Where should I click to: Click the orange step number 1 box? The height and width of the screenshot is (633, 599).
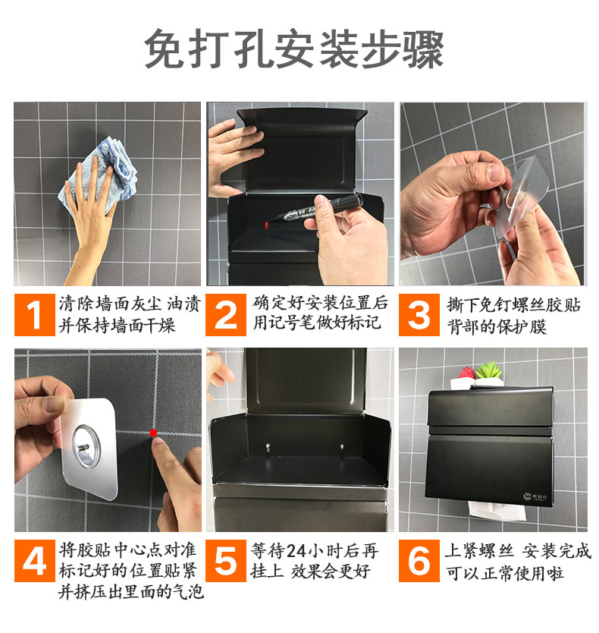(x=35, y=315)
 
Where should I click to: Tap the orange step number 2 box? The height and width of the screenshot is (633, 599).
(x=226, y=315)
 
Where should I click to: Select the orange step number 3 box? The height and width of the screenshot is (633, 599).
(x=419, y=315)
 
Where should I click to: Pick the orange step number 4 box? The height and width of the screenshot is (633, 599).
(x=35, y=561)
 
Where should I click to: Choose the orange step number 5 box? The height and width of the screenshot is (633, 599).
(x=226, y=561)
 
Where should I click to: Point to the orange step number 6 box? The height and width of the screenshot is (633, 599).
(x=419, y=561)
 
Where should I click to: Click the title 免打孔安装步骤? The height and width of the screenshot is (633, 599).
(x=294, y=49)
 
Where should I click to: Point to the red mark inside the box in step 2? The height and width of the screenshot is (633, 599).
(x=266, y=225)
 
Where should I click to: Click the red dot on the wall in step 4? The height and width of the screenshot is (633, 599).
(x=153, y=433)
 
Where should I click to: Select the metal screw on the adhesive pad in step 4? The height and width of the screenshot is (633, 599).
(x=83, y=447)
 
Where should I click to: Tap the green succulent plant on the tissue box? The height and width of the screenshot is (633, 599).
(x=489, y=370)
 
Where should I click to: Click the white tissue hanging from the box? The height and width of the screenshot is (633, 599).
(x=497, y=511)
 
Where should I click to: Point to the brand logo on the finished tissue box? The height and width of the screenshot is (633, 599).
(x=535, y=496)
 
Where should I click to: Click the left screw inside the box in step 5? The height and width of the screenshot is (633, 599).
(x=268, y=447)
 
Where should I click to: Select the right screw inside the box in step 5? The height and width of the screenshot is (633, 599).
(x=342, y=447)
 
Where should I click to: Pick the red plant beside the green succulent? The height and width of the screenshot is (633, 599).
(x=467, y=373)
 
